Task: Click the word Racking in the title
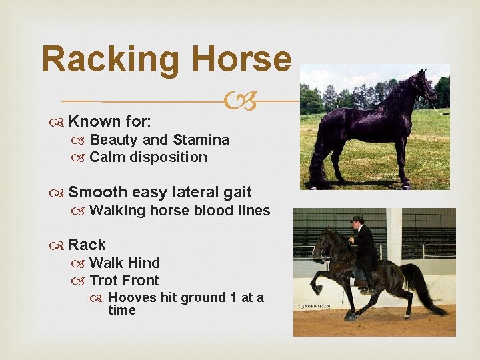click(x=109, y=59)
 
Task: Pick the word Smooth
click(x=98, y=193)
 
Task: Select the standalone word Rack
click(x=87, y=245)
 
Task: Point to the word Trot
click(x=107, y=280)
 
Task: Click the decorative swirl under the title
click(x=241, y=102)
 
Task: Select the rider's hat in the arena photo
click(x=358, y=219)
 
